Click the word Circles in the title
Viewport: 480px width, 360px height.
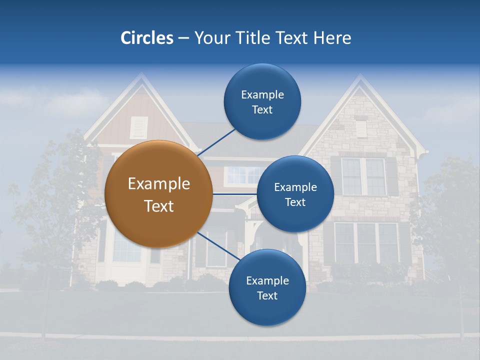pos(147,38)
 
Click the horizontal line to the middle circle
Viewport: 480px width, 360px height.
pos(234,193)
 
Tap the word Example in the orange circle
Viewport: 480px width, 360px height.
pos(158,184)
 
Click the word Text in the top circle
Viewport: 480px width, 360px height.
pos(262,110)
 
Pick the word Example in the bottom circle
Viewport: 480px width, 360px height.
pos(267,280)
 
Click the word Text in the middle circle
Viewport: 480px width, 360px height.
pos(295,202)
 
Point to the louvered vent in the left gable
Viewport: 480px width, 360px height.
pos(139,127)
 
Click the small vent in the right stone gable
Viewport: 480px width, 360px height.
pos(361,128)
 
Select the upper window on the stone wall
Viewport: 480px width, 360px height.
pos(363,176)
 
